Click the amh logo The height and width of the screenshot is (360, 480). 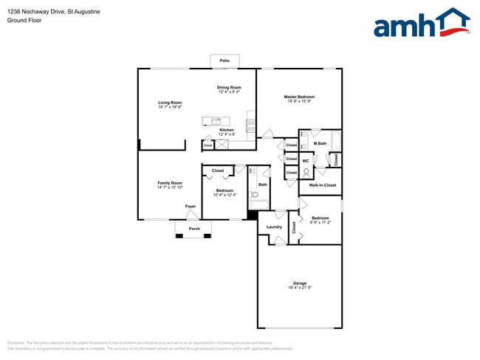[x=421, y=24]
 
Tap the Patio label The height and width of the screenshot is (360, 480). [x=224, y=60]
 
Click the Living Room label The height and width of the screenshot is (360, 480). [x=169, y=103]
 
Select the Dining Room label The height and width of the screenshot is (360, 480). [x=229, y=87]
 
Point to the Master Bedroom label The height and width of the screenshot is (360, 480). [x=300, y=97]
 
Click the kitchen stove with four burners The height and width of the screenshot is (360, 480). [x=251, y=126]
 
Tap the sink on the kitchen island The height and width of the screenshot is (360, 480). [x=216, y=121]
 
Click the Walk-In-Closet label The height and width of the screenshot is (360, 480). [x=323, y=185]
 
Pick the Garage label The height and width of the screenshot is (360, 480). [x=299, y=283]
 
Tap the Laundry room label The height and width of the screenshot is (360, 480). [x=274, y=226]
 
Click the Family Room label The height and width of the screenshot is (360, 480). [x=169, y=183]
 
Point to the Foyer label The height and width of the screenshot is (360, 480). [x=191, y=207]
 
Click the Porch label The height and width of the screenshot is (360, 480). [x=194, y=229]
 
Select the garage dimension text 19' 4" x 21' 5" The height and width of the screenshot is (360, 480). [x=299, y=288]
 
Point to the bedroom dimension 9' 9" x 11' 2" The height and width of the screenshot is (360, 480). [x=320, y=222]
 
